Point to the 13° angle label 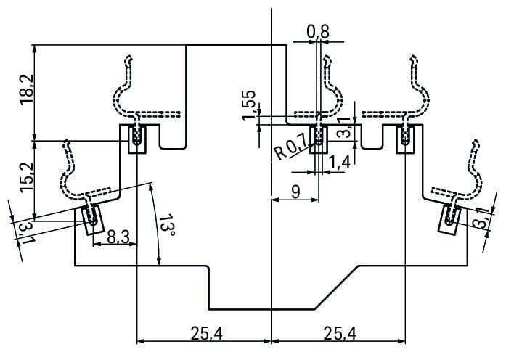pyautogui.click(x=168, y=226)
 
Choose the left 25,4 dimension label pyautogui.click(x=205, y=333)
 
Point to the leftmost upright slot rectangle pyautogui.click(x=137, y=138)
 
